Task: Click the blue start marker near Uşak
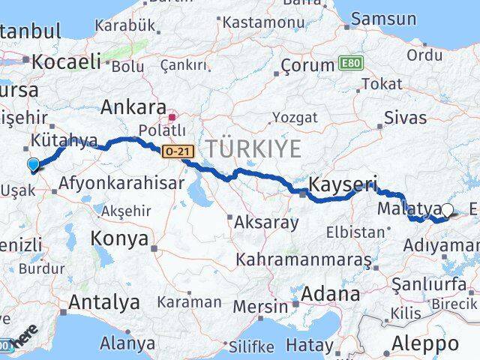[x=33, y=165]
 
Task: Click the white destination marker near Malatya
[x=448, y=211]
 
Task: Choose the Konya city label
[x=119, y=238]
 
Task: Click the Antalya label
[x=103, y=302]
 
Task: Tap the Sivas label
[x=405, y=118]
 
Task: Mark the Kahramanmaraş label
[x=303, y=259]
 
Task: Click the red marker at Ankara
[x=173, y=116]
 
